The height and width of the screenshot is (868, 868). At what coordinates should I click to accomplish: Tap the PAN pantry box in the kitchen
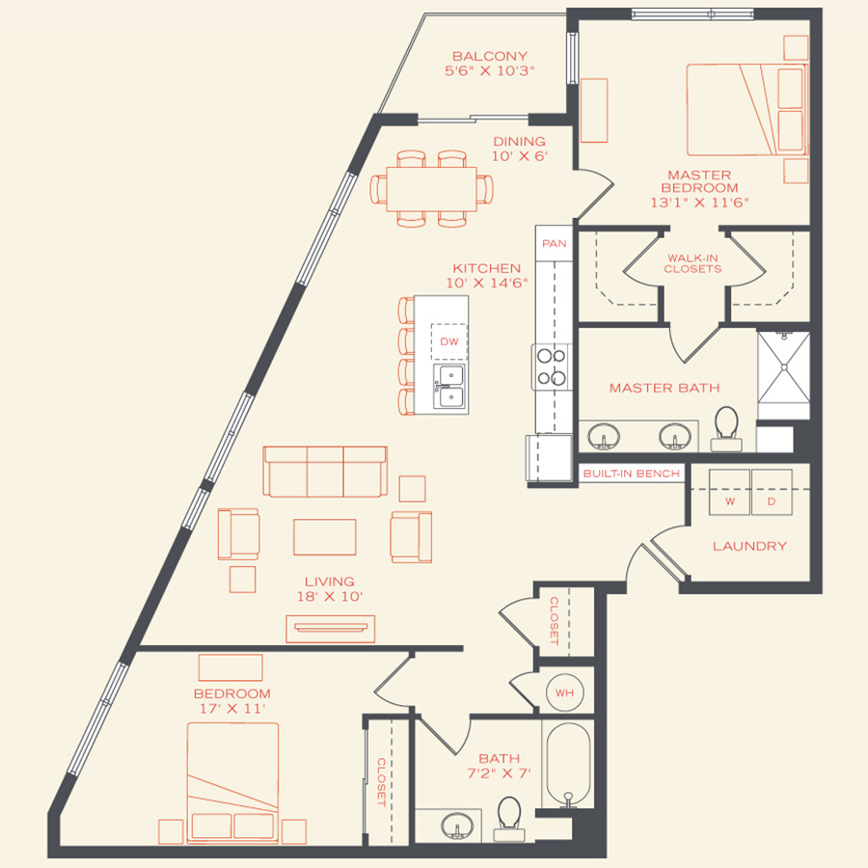[x=554, y=244]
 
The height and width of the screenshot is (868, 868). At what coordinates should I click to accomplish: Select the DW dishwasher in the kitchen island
[x=448, y=341]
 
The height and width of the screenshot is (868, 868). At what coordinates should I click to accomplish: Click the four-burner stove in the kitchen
[x=551, y=366]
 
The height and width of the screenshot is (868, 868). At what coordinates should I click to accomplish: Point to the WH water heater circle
[x=563, y=692]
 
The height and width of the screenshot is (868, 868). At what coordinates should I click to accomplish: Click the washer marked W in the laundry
[x=731, y=501]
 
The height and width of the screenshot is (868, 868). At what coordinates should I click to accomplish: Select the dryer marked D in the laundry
[x=771, y=501]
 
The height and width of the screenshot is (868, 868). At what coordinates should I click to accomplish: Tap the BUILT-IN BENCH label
[x=632, y=474]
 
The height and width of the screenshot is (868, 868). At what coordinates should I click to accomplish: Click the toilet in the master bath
[x=725, y=428]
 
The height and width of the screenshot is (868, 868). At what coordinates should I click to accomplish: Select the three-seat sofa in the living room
[x=326, y=472]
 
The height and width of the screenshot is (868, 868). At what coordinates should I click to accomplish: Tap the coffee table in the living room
[x=324, y=537]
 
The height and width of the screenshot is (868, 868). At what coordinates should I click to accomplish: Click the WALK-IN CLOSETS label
[x=692, y=263]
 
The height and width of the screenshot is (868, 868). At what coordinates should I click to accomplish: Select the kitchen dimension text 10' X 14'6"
[x=486, y=283]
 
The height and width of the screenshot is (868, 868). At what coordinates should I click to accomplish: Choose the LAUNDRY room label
[x=749, y=546]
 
